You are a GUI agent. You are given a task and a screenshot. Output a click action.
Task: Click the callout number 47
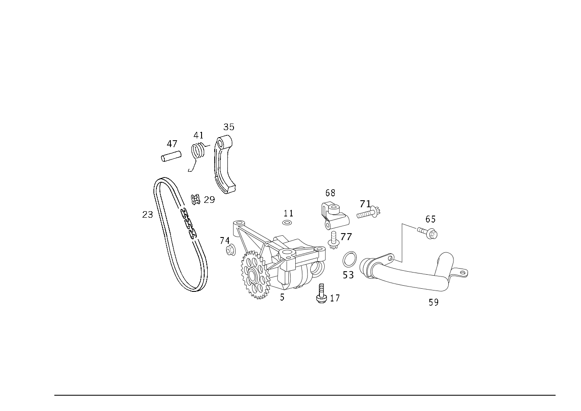(x=172, y=144)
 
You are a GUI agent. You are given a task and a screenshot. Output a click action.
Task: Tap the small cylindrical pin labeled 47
(x=171, y=156)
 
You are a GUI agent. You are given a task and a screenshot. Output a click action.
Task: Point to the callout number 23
(x=148, y=215)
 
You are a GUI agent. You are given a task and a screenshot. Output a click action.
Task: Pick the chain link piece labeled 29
(x=196, y=199)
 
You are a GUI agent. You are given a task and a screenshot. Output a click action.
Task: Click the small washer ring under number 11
(x=287, y=223)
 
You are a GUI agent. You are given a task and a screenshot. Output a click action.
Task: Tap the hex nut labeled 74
(x=230, y=250)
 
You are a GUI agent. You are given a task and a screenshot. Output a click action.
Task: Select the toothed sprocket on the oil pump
(x=255, y=275)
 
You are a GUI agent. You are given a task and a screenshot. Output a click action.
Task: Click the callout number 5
(x=282, y=298)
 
